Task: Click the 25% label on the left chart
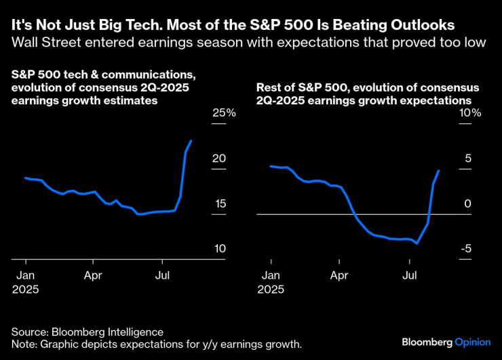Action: pyautogui.click(x=224, y=113)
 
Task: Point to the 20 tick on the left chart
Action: pyautogui.click(x=218, y=158)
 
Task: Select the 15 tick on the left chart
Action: pyautogui.click(x=218, y=204)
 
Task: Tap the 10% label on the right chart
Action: pyautogui.click(x=469, y=113)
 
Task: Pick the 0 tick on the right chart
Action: pyautogui.click(x=467, y=204)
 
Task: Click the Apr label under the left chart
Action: pyautogui.click(x=93, y=275)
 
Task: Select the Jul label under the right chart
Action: pyautogui.click(x=409, y=275)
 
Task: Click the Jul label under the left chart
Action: pyautogui.click(x=162, y=275)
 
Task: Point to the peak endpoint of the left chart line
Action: pyautogui.click(x=191, y=141)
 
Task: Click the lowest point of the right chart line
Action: pyautogui.click(x=417, y=243)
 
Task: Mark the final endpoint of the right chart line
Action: pyautogui.click(x=439, y=170)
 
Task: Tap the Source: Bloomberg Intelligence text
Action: pyautogui.click(x=87, y=332)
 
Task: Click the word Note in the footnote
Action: pyautogui.click(x=24, y=344)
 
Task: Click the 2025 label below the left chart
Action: pyautogui.click(x=26, y=289)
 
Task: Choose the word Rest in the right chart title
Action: pyautogui.click(x=268, y=88)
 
